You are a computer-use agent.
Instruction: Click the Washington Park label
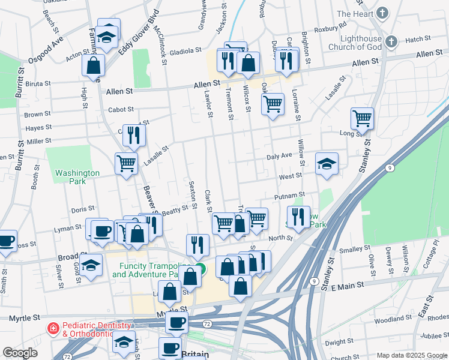(x=77, y=177)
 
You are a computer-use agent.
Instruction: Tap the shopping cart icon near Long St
(x=362, y=118)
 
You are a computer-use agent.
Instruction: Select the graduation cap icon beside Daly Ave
(x=327, y=164)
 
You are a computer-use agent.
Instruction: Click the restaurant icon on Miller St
(x=134, y=136)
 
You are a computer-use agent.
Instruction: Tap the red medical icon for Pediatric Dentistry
(x=53, y=329)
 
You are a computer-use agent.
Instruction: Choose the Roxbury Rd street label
(x=334, y=26)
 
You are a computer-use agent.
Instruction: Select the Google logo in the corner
(x=20, y=353)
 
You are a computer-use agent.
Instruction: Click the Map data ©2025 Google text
(x=411, y=355)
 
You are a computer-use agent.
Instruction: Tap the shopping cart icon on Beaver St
(x=126, y=163)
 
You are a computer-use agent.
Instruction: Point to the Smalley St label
(x=355, y=248)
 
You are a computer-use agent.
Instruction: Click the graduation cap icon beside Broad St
(x=91, y=264)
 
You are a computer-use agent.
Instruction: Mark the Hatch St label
(x=414, y=40)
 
